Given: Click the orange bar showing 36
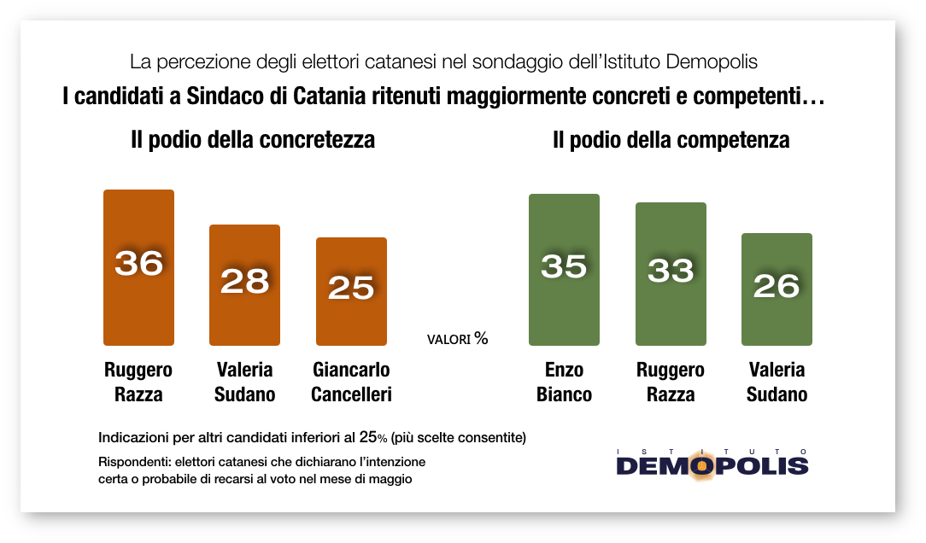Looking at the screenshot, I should click(138, 299).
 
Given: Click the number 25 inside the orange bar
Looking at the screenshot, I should click(351, 288).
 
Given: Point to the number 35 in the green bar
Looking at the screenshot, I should click(564, 266).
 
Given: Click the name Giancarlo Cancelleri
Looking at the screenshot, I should click(351, 382).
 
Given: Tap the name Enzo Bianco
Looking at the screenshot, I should click(564, 382).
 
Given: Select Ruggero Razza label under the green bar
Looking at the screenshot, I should click(671, 382).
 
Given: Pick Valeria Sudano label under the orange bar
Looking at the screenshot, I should click(244, 382).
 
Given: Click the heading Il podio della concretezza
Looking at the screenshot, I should click(253, 140).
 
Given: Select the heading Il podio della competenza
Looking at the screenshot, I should click(671, 140).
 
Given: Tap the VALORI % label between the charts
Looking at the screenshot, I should click(457, 339).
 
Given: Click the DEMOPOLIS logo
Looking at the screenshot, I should click(712, 464).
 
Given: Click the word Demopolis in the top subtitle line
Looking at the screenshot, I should click(711, 62).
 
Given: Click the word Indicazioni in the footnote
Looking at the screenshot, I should click(135, 437).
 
